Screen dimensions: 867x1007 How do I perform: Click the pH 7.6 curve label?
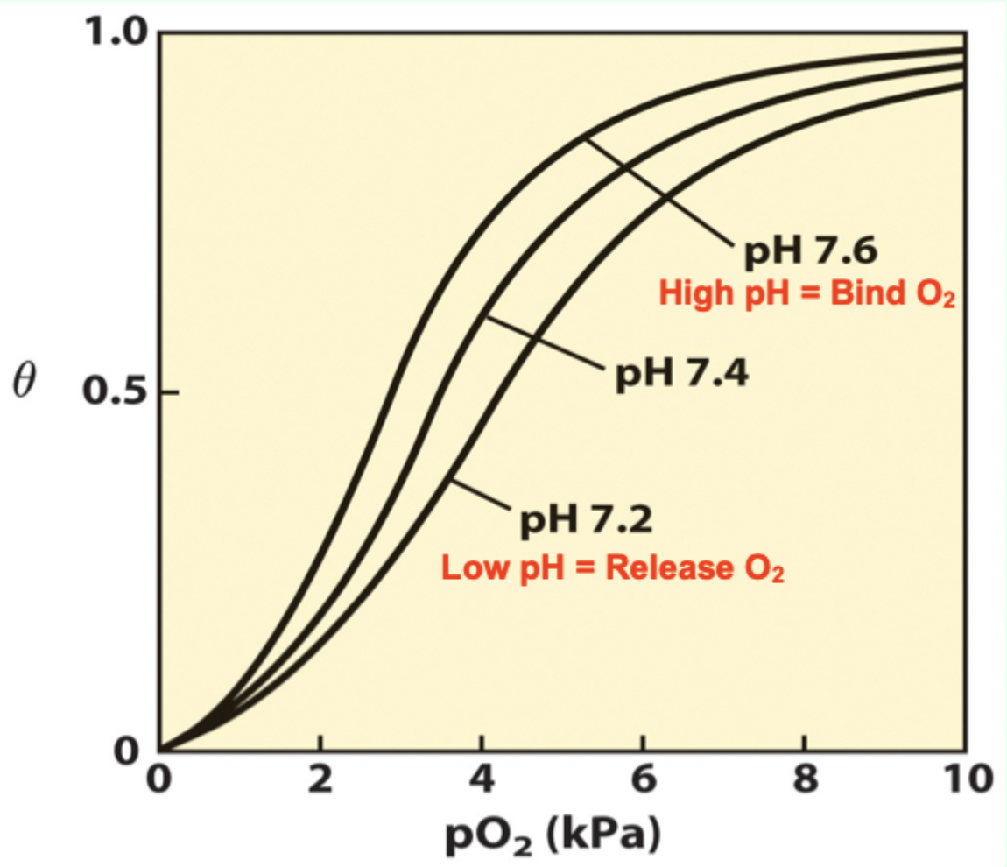coord(811,253)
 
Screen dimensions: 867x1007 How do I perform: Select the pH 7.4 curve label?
coord(680,374)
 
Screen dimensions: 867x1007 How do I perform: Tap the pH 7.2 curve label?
coord(586,523)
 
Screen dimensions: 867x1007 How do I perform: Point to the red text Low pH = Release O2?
coord(612,568)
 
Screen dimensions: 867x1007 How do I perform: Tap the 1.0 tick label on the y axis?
coord(117,32)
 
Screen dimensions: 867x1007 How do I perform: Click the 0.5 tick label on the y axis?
coord(117,391)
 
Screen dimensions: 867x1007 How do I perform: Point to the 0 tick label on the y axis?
coord(130,751)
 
